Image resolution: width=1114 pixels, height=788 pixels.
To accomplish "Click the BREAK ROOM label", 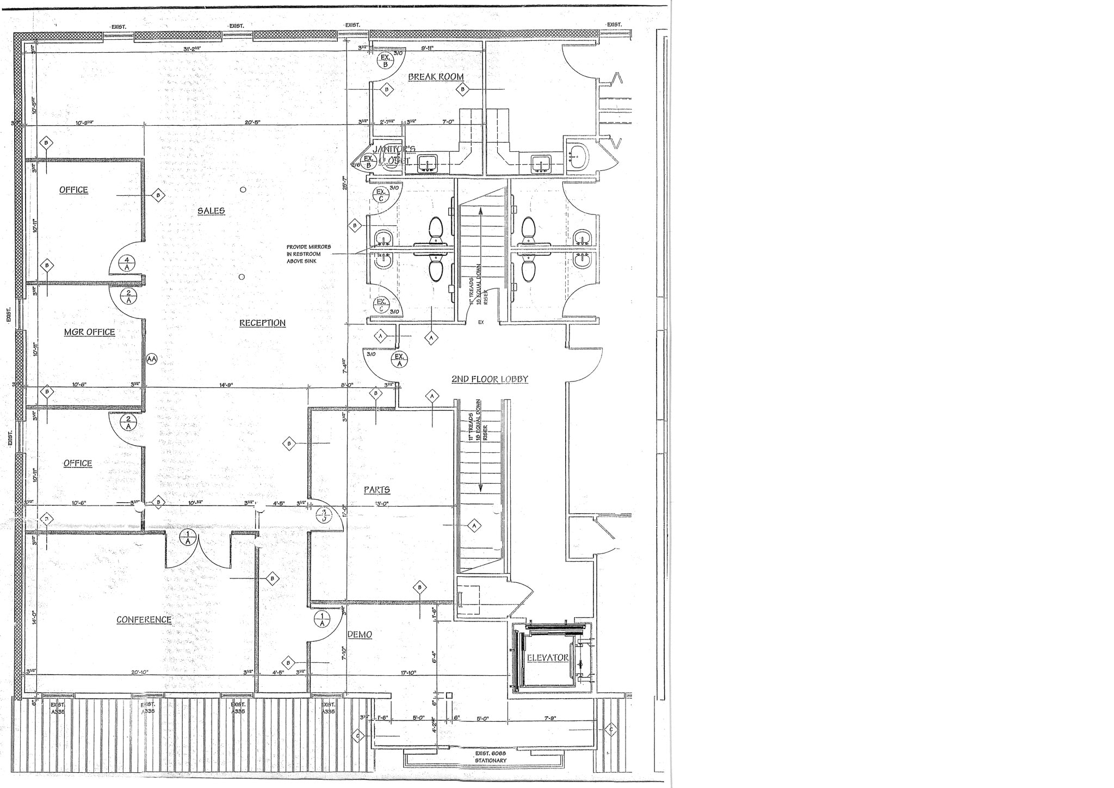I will (x=436, y=77).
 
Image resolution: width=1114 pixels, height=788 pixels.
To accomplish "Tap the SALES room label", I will (x=211, y=211).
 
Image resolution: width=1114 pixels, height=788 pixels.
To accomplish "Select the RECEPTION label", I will (x=262, y=323).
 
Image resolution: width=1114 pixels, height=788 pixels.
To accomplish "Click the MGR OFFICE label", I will (x=89, y=332).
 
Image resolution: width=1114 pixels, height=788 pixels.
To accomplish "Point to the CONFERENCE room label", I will (x=144, y=620).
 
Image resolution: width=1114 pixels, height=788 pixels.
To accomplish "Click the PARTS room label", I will (x=376, y=490).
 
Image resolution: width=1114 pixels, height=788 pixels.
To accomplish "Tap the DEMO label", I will (x=360, y=635).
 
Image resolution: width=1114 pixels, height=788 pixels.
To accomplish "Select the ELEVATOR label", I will (x=548, y=658).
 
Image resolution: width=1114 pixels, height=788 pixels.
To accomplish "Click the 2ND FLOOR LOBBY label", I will (x=490, y=379).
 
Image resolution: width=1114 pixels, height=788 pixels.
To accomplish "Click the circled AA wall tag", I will (x=152, y=359).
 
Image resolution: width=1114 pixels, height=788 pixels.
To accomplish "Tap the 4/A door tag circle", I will (x=127, y=263).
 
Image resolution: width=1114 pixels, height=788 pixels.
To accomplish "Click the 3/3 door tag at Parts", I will (x=324, y=515).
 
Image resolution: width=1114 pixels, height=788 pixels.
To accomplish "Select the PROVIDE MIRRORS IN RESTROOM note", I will (x=308, y=254).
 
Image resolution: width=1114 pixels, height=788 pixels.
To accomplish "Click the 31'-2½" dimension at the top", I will (x=192, y=49).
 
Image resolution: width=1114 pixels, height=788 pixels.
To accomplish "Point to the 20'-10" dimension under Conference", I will (x=139, y=673).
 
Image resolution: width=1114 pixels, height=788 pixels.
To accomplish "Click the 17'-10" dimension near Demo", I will (x=408, y=673).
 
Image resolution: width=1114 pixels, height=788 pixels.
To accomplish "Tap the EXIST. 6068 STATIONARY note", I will (x=490, y=757).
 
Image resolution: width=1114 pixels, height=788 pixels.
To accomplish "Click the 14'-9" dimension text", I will (x=226, y=385).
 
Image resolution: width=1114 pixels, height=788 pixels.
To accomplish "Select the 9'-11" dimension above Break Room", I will (x=427, y=48).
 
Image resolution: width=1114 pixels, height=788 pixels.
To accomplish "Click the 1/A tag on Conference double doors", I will (x=188, y=538).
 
